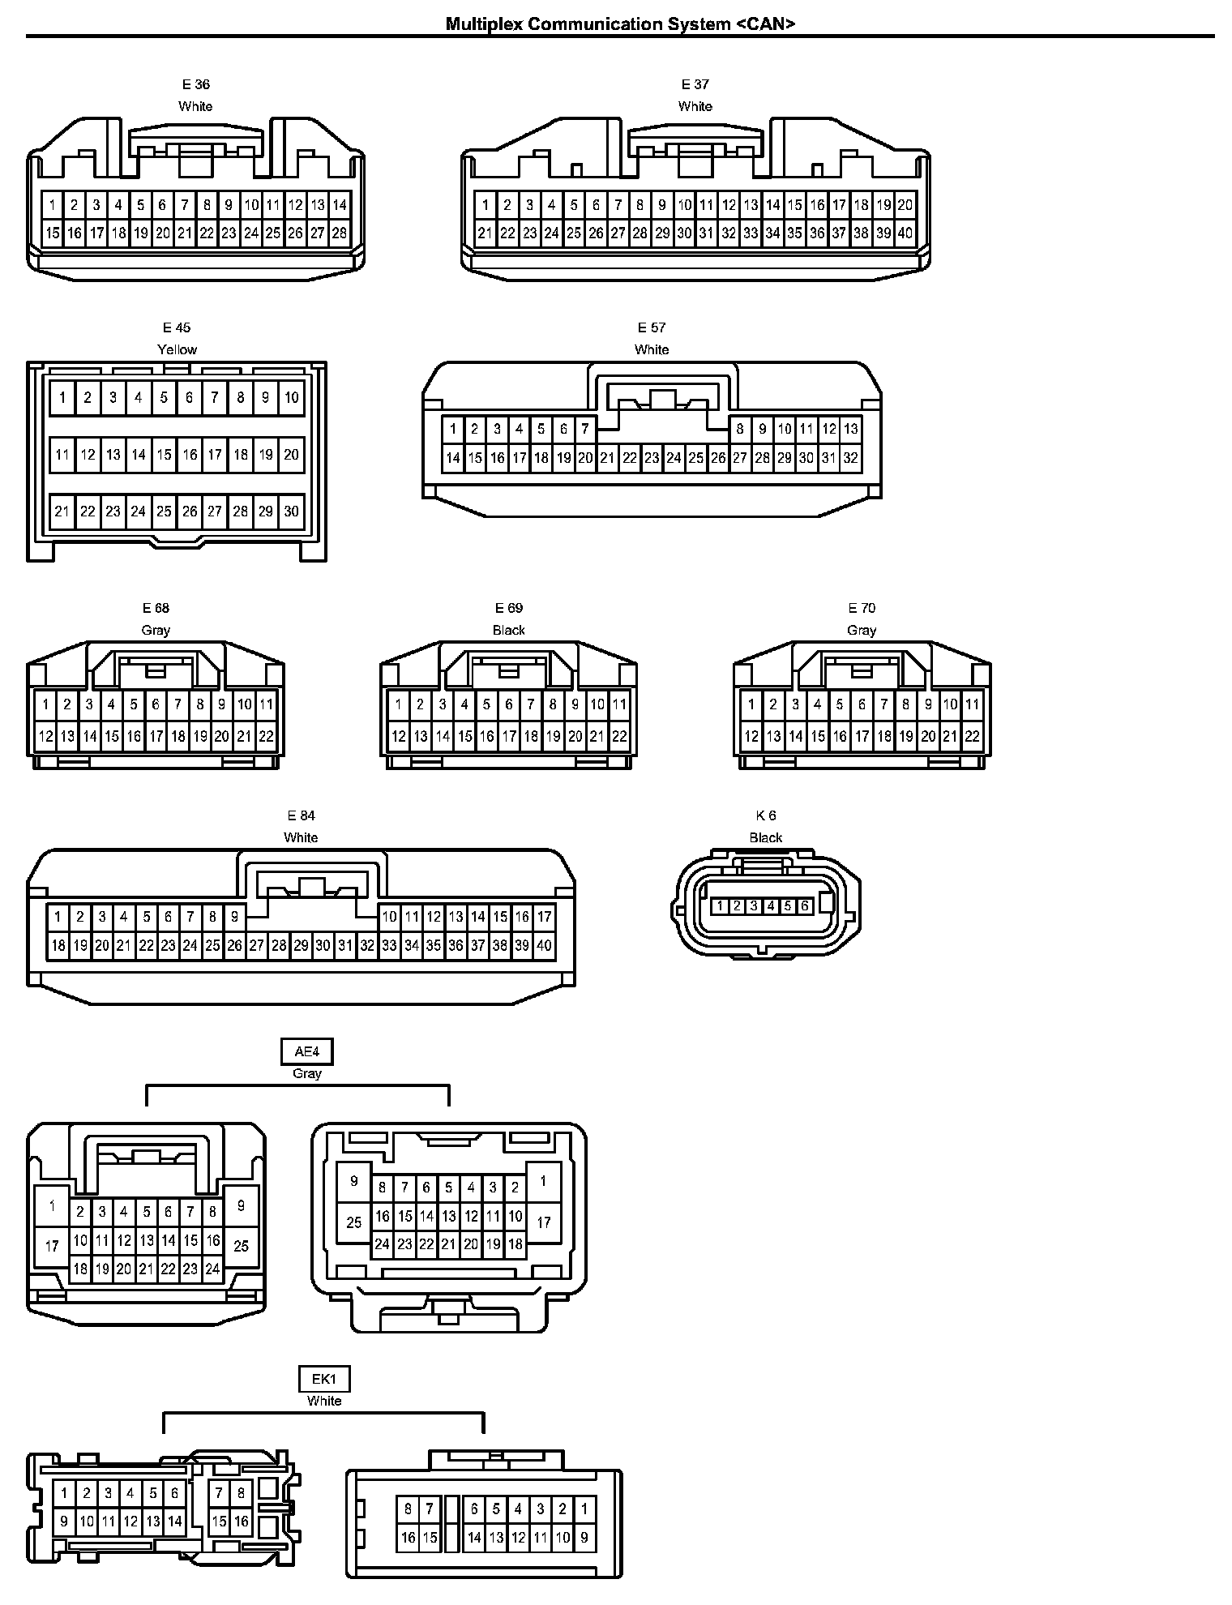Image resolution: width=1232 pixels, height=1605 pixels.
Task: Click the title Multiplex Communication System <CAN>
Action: pos(620,24)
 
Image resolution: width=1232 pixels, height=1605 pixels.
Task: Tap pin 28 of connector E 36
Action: pos(339,233)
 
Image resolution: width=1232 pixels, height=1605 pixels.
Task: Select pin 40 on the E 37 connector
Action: pos(905,233)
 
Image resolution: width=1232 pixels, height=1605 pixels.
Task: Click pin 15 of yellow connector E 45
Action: pos(164,455)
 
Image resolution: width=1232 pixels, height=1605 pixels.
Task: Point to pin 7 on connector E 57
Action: pos(585,429)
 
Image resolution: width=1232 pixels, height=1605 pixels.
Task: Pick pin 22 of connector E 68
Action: pos(266,737)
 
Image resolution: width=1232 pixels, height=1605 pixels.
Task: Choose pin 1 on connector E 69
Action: pos(398,704)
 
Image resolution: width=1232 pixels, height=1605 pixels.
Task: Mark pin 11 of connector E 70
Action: pos(972,704)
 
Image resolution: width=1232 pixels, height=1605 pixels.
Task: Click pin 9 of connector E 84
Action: pos(234,917)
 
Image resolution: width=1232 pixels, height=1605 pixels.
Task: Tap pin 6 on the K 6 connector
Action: pos(805,906)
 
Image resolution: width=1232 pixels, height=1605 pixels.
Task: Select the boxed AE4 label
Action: pos(307,1052)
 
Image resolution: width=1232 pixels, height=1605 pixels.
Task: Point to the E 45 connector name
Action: pos(177,327)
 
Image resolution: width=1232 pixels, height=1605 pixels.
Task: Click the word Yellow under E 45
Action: pos(177,349)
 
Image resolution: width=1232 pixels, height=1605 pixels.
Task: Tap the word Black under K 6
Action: pos(765,837)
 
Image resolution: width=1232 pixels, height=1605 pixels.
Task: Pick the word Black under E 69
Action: pos(509,630)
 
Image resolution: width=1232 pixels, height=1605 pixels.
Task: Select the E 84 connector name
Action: pos(301,815)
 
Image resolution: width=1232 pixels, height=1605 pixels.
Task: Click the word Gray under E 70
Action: pos(862,630)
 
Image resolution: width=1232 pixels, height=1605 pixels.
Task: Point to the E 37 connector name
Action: pos(695,84)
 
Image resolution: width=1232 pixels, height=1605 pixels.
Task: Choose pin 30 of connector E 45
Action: pos(291,511)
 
